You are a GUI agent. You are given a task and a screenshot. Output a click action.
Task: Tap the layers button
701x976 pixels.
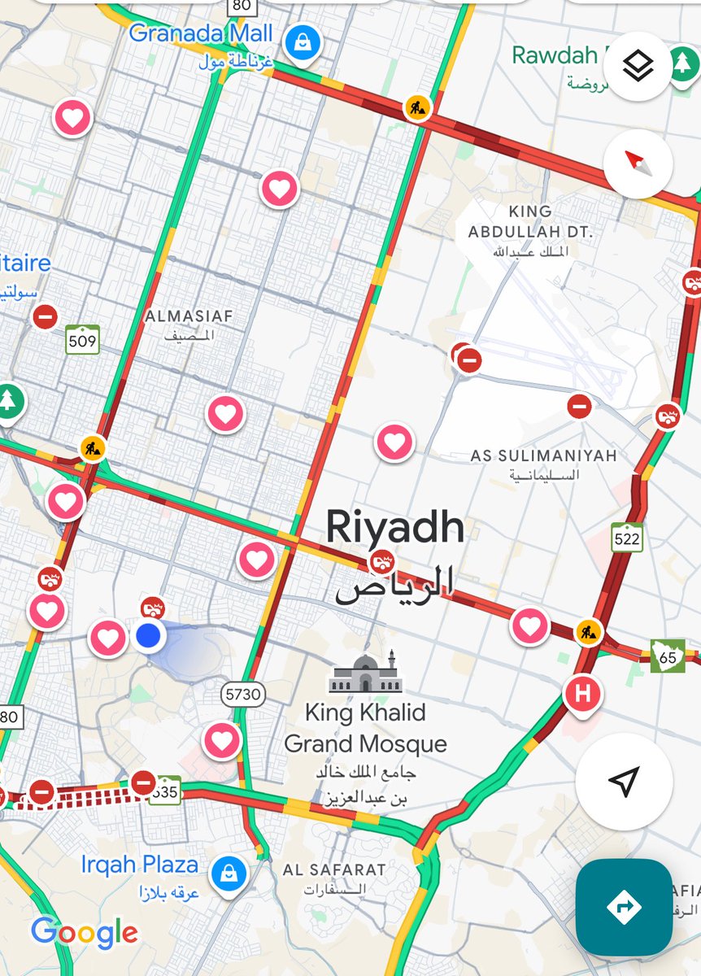638,67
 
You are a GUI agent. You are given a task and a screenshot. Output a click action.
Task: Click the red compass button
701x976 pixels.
638,163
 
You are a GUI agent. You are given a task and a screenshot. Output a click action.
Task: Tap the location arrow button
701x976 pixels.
624,782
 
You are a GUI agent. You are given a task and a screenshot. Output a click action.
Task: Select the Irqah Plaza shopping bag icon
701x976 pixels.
229,874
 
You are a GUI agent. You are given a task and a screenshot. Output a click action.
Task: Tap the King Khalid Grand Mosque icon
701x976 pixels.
365,673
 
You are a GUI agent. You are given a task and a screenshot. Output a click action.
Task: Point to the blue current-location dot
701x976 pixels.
148,636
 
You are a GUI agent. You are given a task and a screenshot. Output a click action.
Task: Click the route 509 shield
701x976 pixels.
82,340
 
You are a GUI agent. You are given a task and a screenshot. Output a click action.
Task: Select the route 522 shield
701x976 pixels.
627,538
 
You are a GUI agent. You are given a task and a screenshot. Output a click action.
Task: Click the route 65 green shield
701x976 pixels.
667,655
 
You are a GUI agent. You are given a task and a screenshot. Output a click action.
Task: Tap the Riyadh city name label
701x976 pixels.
395,529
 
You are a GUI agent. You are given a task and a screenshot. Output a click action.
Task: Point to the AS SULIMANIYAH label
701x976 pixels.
543,455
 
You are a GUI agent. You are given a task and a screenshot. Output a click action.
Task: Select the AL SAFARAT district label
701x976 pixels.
334,870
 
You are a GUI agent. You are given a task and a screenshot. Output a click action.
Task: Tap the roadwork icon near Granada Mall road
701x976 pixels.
417,107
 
